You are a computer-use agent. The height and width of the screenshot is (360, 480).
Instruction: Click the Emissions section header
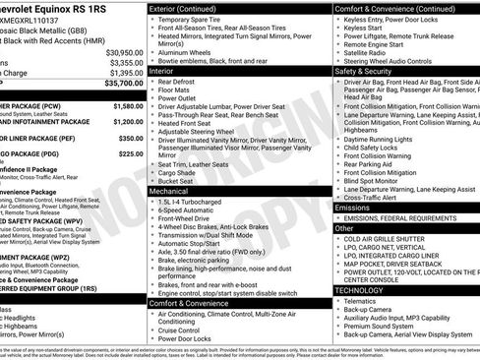coord(352,208)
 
